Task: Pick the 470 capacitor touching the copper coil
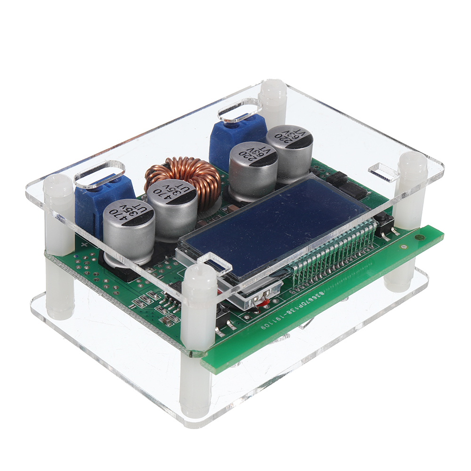(x=172, y=207)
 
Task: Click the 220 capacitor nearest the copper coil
(x=253, y=170)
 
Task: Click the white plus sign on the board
(x=84, y=245)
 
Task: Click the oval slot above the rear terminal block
(x=240, y=110)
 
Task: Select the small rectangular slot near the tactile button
(x=382, y=172)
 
